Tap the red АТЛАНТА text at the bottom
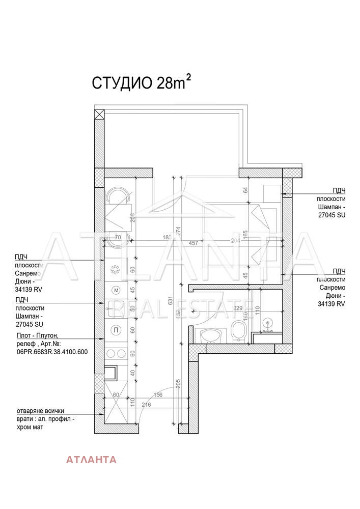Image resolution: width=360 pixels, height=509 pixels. (91, 460)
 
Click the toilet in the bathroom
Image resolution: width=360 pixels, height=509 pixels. (238, 331)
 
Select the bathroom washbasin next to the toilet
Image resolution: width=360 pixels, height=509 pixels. (210, 335)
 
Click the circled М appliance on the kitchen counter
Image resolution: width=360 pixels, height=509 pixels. (116, 290)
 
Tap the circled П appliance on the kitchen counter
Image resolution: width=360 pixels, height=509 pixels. (116, 330)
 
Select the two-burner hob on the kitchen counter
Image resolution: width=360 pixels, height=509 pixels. (116, 353)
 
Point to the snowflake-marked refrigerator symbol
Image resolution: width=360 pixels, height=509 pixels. (116, 269)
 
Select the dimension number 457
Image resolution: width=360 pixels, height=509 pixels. (193, 243)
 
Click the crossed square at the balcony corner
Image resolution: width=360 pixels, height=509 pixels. (100, 114)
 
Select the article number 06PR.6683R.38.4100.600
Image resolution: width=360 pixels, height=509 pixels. (52, 352)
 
